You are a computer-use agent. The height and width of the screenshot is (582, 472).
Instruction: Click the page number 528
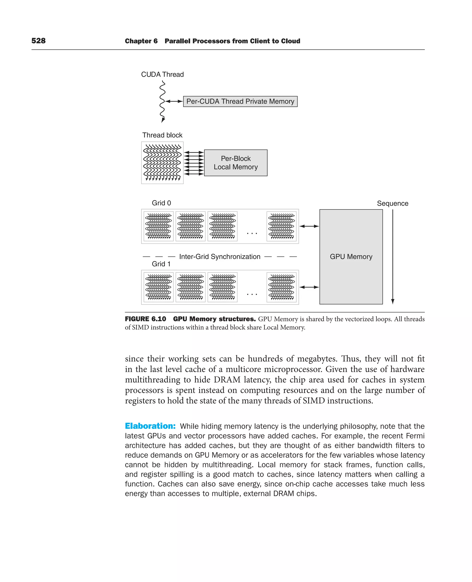click(x=38, y=41)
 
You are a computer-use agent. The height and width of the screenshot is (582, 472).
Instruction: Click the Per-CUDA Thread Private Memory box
click(x=240, y=101)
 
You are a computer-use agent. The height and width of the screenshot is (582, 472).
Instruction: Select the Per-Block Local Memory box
click(x=236, y=163)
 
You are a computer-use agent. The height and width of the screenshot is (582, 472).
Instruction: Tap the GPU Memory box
click(x=351, y=256)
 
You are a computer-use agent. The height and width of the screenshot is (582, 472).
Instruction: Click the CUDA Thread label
click(x=162, y=74)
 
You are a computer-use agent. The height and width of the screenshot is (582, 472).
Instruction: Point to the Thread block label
click(x=162, y=135)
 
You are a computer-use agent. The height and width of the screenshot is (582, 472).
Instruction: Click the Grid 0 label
click(x=161, y=203)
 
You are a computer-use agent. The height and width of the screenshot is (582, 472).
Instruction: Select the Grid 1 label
click(x=161, y=264)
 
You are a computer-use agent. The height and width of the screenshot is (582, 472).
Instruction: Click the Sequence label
click(x=392, y=203)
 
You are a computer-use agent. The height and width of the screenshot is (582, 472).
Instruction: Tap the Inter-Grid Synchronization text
click(x=219, y=257)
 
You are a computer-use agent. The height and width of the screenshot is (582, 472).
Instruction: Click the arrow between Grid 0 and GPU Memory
click(x=309, y=226)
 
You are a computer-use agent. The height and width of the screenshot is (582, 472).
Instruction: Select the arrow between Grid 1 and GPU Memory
click(x=309, y=287)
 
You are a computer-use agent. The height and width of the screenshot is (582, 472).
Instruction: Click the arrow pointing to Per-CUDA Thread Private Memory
click(x=174, y=101)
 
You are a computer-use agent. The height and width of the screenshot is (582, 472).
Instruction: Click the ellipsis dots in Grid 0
click(x=252, y=233)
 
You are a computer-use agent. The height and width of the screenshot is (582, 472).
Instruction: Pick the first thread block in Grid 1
click(x=159, y=287)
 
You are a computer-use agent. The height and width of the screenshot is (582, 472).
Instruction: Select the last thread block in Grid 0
click(x=281, y=226)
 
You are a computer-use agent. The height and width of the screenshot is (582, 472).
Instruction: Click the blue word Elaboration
click(x=150, y=426)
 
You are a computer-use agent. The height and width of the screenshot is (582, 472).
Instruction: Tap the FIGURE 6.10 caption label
click(x=145, y=319)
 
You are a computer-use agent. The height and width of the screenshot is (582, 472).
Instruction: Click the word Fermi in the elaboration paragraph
click(x=415, y=436)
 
